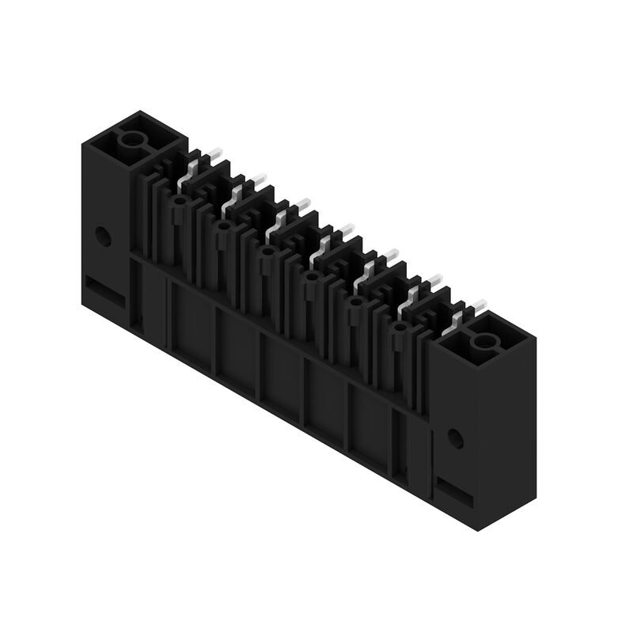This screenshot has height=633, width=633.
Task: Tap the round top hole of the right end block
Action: (x=483, y=343)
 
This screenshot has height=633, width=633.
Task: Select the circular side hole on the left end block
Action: (x=102, y=235)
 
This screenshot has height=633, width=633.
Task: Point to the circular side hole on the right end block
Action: (x=454, y=438)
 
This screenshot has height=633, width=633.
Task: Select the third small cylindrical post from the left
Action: (x=267, y=252)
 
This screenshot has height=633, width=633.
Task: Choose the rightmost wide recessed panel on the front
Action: (x=370, y=419)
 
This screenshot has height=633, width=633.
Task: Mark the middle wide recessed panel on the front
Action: (x=281, y=368)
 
